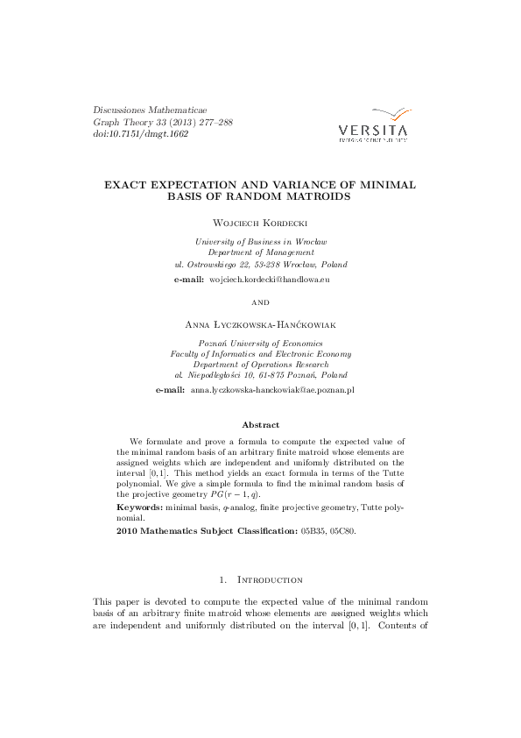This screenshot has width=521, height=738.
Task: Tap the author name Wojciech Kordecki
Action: pyautogui.click(x=260, y=224)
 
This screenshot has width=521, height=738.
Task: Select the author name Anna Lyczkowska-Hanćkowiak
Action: pyautogui.click(x=260, y=325)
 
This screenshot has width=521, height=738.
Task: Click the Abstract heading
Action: pyautogui.click(x=260, y=425)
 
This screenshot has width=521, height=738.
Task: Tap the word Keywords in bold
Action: pyautogui.click(x=138, y=507)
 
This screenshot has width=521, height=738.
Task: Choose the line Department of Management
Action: pyautogui.click(x=261, y=252)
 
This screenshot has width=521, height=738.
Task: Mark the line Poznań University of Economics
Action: pyautogui.click(x=261, y=343)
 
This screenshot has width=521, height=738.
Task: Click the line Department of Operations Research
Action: pyautogui.click(x=261, y=364)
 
